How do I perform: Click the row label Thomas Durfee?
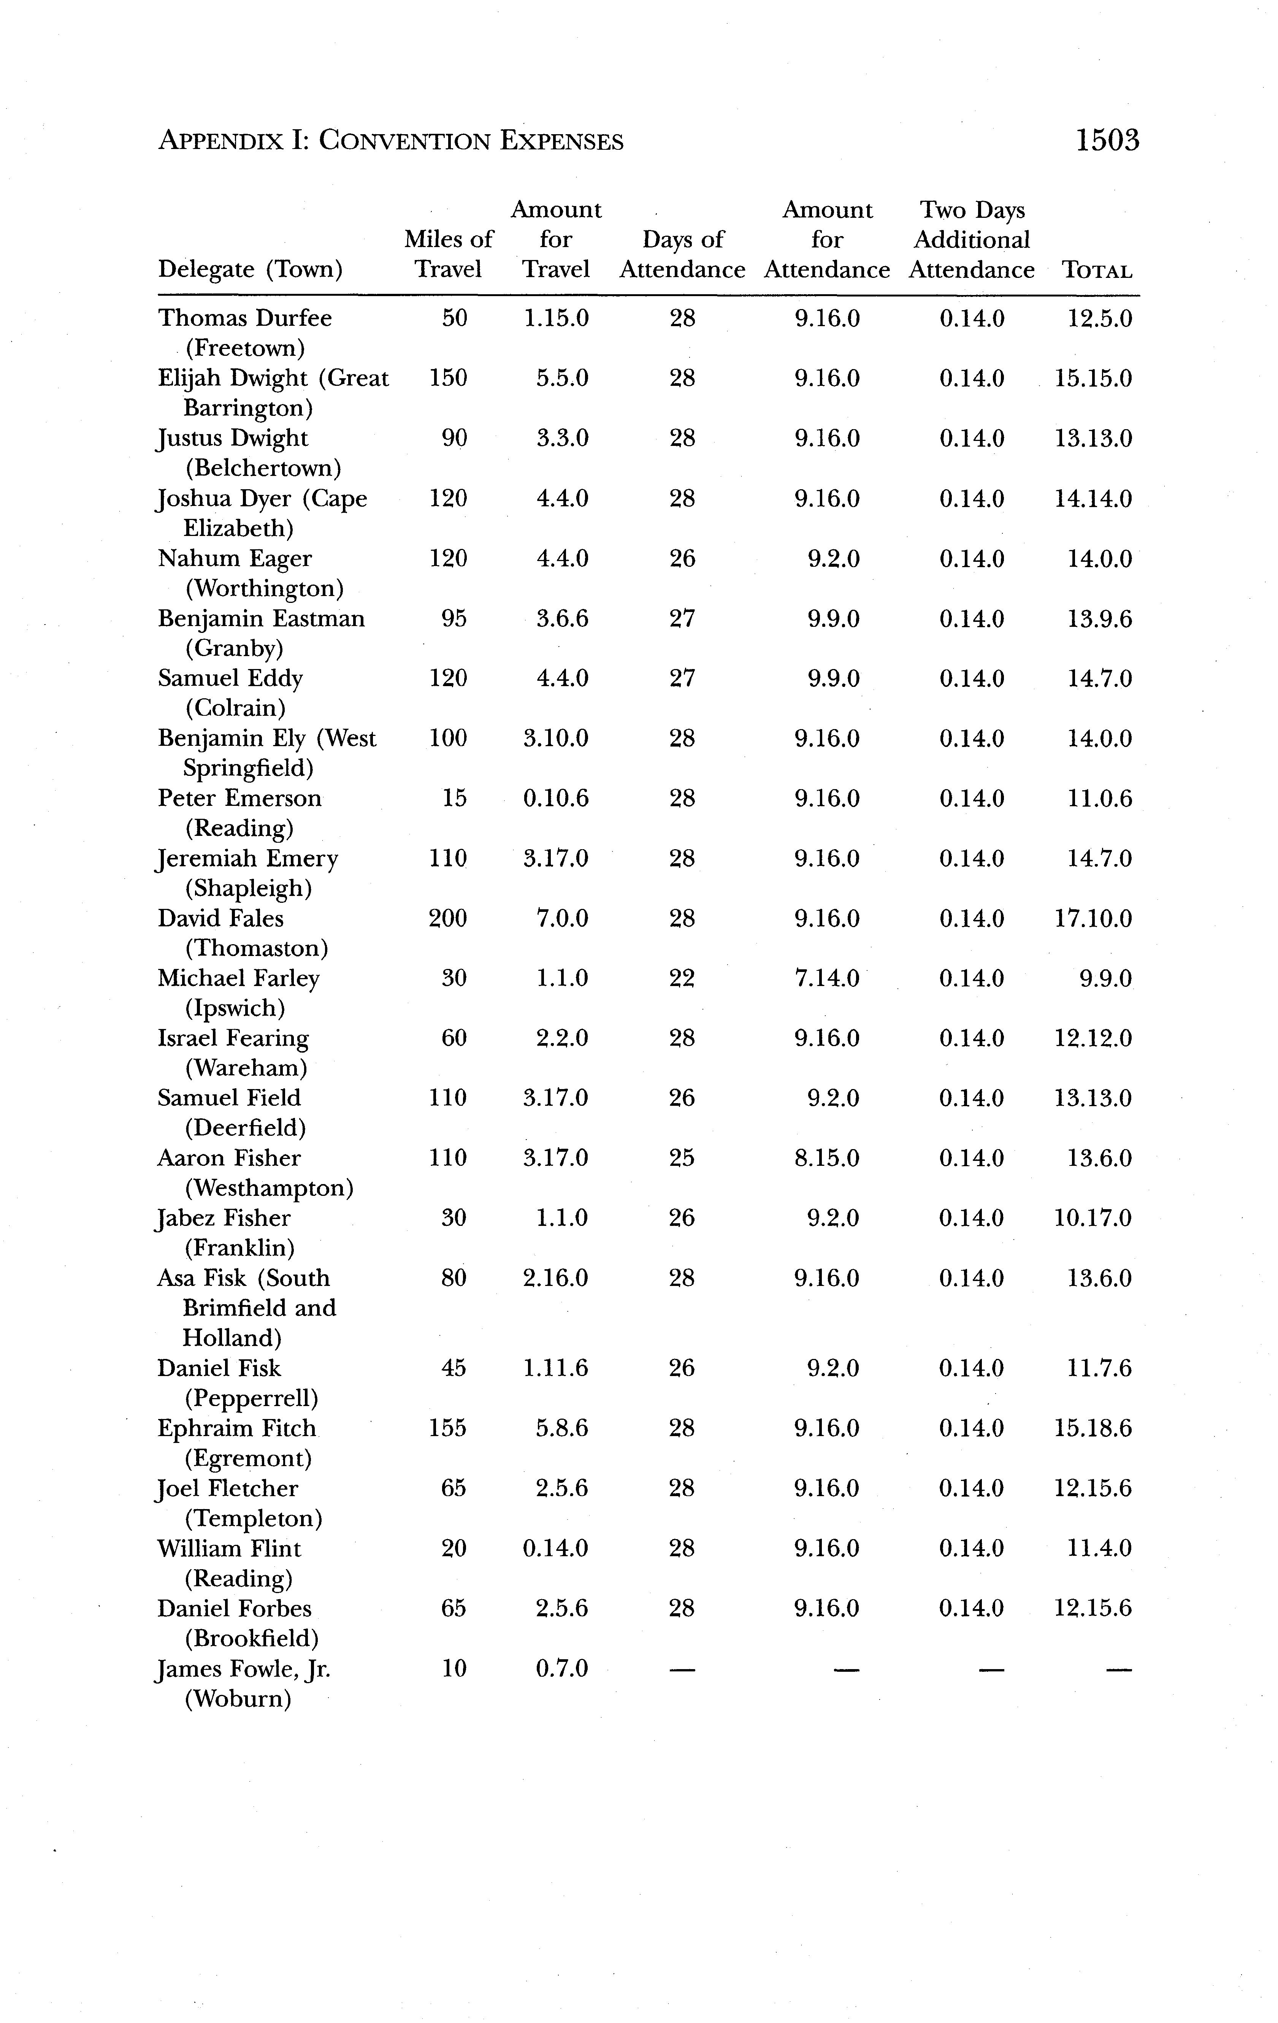pyautogui.click(x=244, y=319)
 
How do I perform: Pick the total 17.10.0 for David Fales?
pyautogui.click(x=1092, y=918)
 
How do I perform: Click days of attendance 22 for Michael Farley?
pyautogui.click(x=682, y=978)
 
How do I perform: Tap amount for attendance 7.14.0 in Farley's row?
pyautogui.click(x=827, y=978)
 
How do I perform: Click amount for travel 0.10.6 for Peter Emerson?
pyautogui.click(x=555, y=798)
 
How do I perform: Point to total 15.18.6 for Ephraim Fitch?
pyautogui.click(x=1092, y=1428)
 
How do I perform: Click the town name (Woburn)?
pyautogui.click(x=238, y=1699)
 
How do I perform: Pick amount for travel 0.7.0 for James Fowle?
pyautogui.click(x=561, y=1668)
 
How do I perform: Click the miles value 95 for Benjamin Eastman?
pyautogui.click(x=454, y=618)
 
